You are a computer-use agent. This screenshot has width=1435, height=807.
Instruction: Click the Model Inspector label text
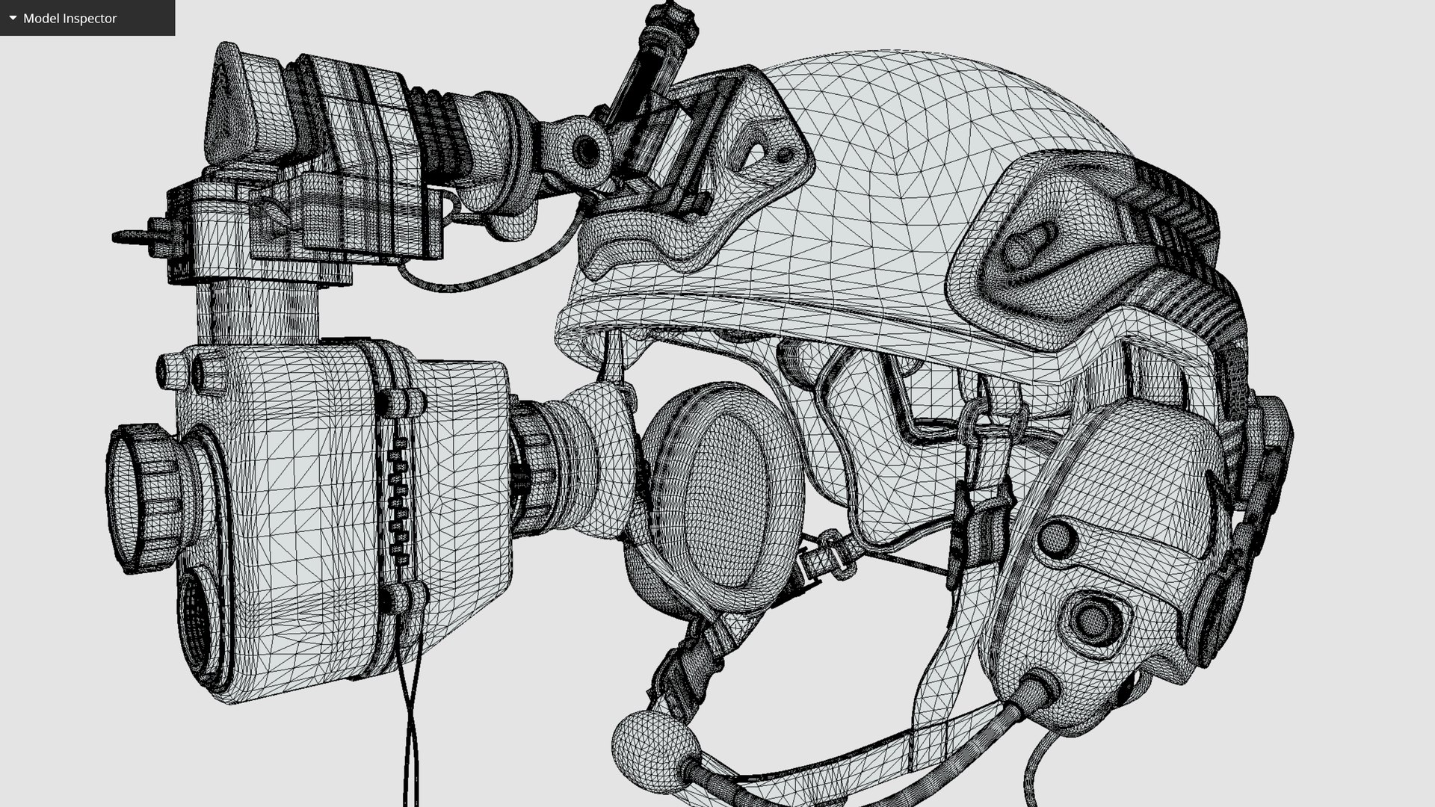point(70,18)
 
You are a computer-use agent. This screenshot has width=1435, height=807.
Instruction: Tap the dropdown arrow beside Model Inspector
point(13,18)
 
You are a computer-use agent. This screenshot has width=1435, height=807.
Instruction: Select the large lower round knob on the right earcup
point(1093,617)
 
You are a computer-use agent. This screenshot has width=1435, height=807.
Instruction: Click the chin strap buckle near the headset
point(822,557)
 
